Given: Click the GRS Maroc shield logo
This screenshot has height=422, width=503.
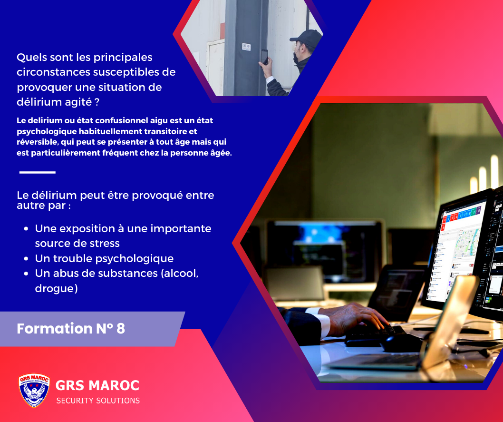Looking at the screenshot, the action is tap(34, 390).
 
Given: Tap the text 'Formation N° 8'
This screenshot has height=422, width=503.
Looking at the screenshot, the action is tap(71, 328).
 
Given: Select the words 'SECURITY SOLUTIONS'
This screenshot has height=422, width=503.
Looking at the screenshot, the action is tap(98, 401).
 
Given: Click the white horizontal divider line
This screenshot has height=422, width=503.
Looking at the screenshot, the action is tap(38, 172).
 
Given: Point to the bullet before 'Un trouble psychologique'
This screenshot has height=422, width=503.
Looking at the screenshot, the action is tap(26, 259).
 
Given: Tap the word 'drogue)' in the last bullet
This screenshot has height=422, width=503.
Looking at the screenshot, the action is tap(57, 288).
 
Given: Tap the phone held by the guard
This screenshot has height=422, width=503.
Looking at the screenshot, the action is tap(264, 57).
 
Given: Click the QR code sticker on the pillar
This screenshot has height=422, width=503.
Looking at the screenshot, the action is tap(246, 47).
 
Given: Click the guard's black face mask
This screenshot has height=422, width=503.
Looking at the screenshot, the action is tap(296, 58).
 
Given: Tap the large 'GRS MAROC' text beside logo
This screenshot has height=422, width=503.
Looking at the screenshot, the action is tap(97, 385).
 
